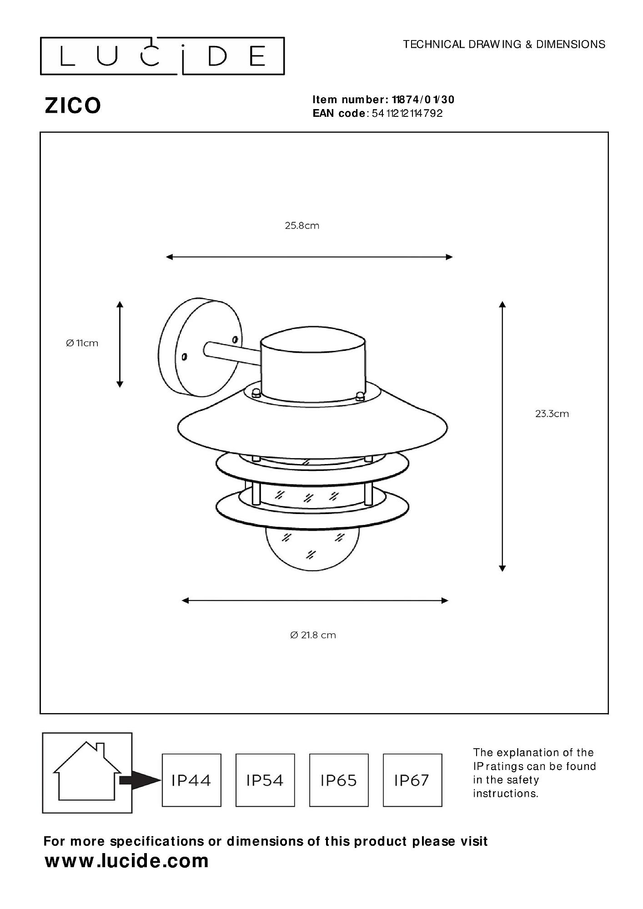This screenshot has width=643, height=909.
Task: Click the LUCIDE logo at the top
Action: pyautogui.click(x=162, y=56)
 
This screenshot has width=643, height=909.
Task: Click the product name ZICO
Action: pyautogui.click(x=73, y=105)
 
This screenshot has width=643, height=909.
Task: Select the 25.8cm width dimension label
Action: pyautogui.click(x=302, y=225)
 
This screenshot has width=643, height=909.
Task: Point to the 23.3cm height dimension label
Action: pyautogui.click(x=552, y=414)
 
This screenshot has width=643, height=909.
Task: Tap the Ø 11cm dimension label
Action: pyautogui.click(x=82, y=343)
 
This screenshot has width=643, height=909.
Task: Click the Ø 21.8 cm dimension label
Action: pyautogui.click(x=313, y=635)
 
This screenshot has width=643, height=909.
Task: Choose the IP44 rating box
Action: pyautogui.click(x=191, y=780)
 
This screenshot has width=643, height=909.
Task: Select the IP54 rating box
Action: pyautogui.click(x=265, y=780)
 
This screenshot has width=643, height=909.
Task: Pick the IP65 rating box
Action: pyautogui.click(x=339, y=780)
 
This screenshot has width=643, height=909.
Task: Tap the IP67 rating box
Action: pyautogui.click(x=412, y=780)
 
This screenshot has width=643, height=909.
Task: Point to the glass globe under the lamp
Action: pyautogui.click(x=312, y=550)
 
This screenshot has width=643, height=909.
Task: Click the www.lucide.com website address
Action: pyautogui.click(x=127, y=861)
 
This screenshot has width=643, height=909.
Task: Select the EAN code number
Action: pyautogui.click(x=407, y=113)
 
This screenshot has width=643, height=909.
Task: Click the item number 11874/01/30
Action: pyautogui.click(x=423, y=100)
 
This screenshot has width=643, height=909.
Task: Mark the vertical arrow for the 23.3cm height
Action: pyautogui.click(x=502, y=436)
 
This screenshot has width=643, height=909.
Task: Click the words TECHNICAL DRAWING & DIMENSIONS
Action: pyautogui.click(x=504, y=44)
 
